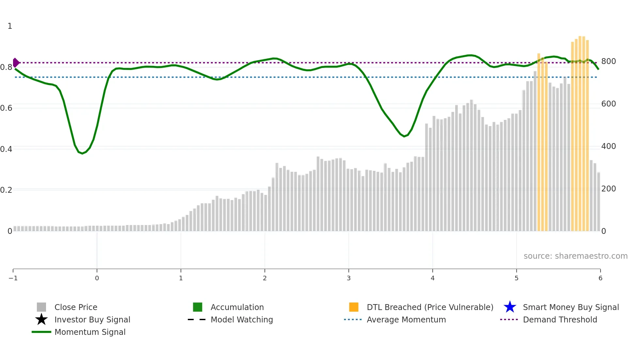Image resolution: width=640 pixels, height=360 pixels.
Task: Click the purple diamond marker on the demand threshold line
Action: click(x=16, y=62)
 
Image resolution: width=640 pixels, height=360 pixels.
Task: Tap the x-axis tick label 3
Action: click(x=348, y=278)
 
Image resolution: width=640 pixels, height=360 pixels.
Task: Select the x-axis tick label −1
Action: click(x=13, y=278)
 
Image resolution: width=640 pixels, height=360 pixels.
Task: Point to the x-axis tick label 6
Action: click(x=600, y=278)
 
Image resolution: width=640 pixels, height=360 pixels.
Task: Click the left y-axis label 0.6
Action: click(x=6, y=108)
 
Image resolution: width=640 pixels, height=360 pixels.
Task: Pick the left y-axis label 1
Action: click(x=10, y=26)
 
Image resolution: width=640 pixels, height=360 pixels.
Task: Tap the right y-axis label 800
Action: click(x=608, y=61)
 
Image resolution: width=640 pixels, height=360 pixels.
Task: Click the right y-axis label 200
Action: click(x=608, y=189)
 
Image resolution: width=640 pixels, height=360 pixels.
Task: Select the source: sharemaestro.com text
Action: click(x=575, y=256)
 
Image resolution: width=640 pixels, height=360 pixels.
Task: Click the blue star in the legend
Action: click(x=510, y=307)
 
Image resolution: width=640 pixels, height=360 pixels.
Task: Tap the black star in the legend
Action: click(x=41, y=319)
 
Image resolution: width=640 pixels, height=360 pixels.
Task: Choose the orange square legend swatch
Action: click(x=354, y=307)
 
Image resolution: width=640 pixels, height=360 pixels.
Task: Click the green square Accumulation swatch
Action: click(x=198, y=307)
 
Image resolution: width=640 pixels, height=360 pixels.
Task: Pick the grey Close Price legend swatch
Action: click(x=41, y=307)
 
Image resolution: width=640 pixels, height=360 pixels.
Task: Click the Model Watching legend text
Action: click(x=242, y=319)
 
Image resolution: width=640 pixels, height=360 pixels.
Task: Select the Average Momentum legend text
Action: click(x=406, y=319)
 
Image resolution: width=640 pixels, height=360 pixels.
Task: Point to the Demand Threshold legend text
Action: click(x=560, y=319)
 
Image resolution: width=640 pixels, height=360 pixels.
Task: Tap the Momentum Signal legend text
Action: click(x=90, y=332)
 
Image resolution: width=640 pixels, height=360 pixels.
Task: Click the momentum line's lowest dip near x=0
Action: click(x=82, y=153)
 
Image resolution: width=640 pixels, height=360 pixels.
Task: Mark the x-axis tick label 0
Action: click(x=97, y=278)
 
